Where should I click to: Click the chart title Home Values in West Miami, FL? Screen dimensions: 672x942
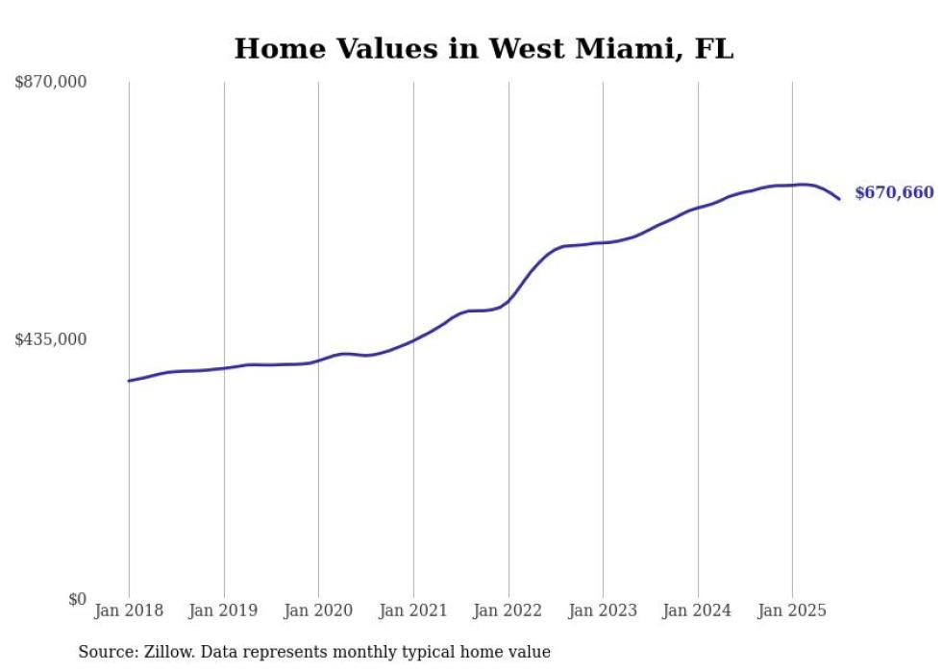483,48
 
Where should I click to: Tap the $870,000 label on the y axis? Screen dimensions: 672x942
50,83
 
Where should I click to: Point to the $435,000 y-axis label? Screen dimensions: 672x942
50,339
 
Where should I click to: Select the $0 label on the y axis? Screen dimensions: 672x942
77,599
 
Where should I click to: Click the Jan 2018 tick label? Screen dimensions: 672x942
129,610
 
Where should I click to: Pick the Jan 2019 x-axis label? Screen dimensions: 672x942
224,610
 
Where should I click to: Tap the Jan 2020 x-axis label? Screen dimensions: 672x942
318,610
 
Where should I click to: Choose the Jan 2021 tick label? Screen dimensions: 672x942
413,610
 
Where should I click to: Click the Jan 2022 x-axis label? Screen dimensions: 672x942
508,610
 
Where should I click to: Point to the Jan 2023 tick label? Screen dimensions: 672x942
603,610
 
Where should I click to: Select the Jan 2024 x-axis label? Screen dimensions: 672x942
698,610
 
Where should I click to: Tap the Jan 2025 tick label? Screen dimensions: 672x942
792,610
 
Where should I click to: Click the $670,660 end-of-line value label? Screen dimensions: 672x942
894,193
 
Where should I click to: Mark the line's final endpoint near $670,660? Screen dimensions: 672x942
839,199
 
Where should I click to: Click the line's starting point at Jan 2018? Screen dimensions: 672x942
129,381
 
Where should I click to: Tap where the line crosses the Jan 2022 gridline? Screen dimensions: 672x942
508,300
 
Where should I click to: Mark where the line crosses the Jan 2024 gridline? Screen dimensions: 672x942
698,207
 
